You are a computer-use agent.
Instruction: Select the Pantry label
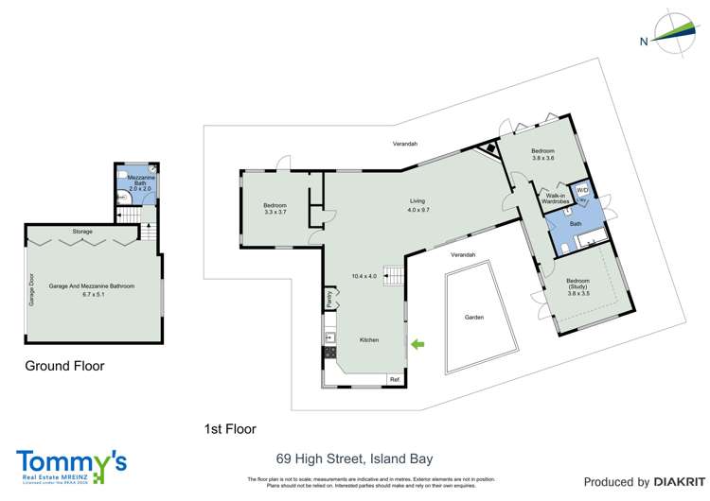(x=329, y=299)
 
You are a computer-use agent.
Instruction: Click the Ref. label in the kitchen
(x=395, y=380)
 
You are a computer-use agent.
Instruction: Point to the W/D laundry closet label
(x=583, y=189)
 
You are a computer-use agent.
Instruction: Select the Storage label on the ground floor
(x=83, y=232)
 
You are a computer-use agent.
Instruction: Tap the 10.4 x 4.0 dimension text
(x=364, y=276)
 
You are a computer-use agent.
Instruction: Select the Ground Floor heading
(x=64, y=366)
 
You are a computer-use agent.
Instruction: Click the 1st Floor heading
(x=230, y=428)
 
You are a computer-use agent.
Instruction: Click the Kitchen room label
(x=369, y=338)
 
